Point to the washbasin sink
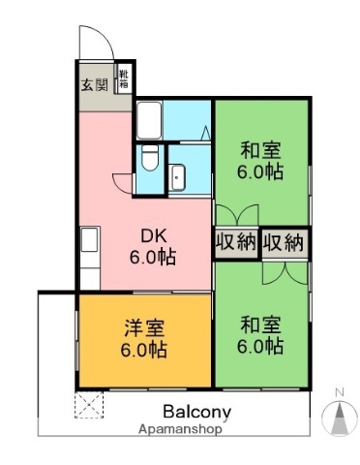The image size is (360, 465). tap(178, 175)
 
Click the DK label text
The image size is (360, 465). tap(153, 235)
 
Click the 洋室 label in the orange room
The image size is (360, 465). tap(143, 326)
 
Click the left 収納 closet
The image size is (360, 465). tap(235, 243)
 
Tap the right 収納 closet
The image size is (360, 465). tap(283, 243)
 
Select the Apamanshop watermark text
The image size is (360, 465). tap(180, 427)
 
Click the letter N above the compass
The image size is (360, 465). tap(339, 392)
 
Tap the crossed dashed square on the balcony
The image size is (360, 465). tap(89, 405)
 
